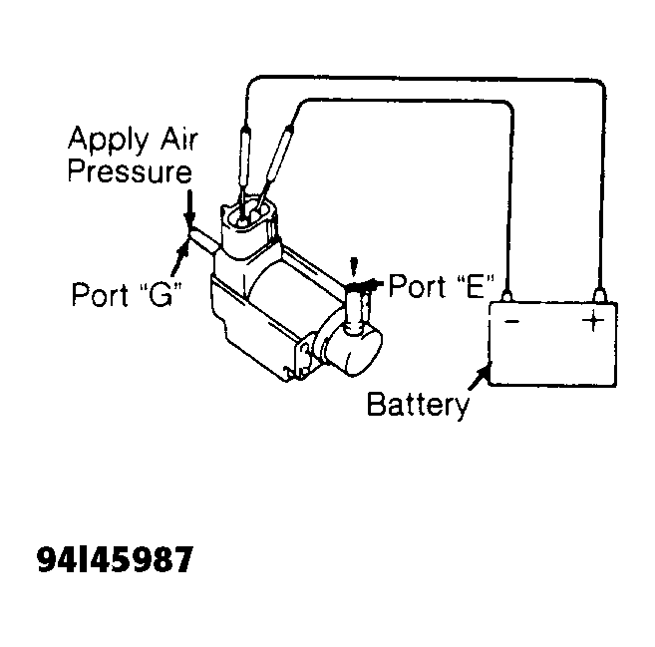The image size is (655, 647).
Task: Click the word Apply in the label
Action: [109, 140]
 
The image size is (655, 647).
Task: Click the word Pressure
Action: [130, 170]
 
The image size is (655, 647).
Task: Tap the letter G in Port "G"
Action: [161, 294]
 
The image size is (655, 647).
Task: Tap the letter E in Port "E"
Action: [476, 286]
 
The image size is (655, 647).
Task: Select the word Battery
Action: [418, 404]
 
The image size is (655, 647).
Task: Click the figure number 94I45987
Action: [116, 559]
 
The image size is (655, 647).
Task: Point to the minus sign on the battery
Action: [512, 321]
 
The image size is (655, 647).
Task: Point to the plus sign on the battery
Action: [593, 321]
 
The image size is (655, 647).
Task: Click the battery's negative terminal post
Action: [506, 296]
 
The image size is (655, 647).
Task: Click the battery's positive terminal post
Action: [600, 295]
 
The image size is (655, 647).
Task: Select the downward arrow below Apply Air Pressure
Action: [189, 207]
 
